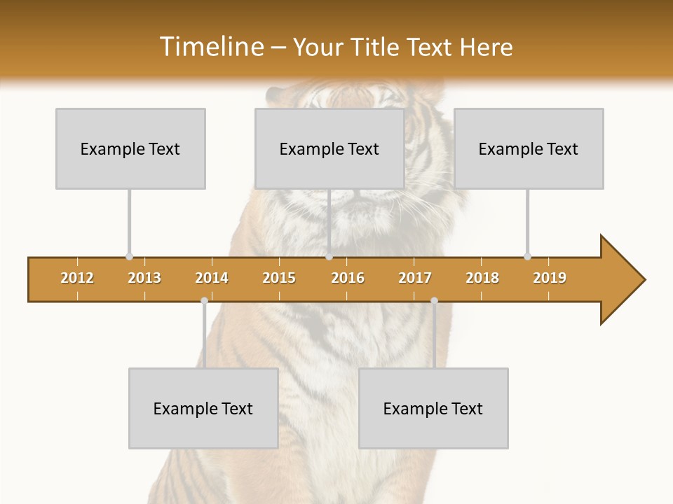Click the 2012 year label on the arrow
pyautogui.click(x=77, y=278)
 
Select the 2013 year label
pyautogui.click(x=144, y=278)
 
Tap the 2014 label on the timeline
pyautogui.click(x=212, y=278)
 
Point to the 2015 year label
pyautogui.click(x=279, y=278)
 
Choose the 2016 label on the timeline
pyautogui.click(x=348, y=278)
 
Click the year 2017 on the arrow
pyautogui.click(x=415, y=278)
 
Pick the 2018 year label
pyautogui.click(x=482, y=278)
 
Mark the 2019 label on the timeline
pyautogui.click(x=550, y=278)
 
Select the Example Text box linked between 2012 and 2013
pyautogui.click(x=130, y=148)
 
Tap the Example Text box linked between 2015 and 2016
pyautogui.click(x=329, y=148)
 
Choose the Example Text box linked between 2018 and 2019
pyautogui.click(x=529, y=148)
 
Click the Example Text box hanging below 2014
pyautogui.click(x=203, y=408)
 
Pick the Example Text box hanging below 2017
pyautogui.click(x=433, y=408)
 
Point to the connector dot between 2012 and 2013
pyautogui.click(x=129, y=256)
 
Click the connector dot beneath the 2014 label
pyautogui.click(x=204, y=300)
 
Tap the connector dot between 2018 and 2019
pyautogui.click(x=527, y=256)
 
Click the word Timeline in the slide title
pyautogui.click(x=210, y=47)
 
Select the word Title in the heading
pyautogui.click(x=375, y=47)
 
